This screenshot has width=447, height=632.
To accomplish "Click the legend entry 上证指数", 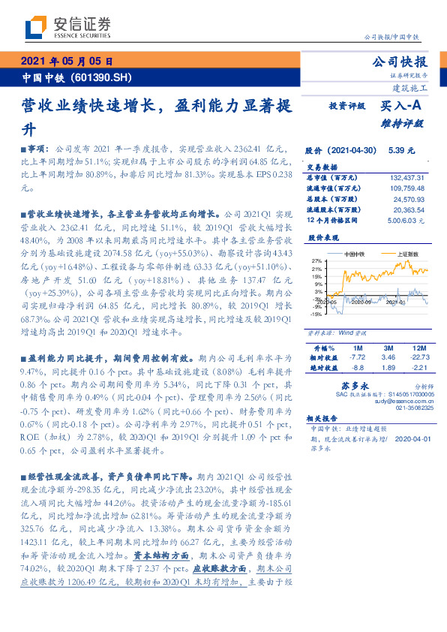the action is click(x=407, y=254).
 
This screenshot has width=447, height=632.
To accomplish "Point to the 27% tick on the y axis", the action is click(x=317, y=259).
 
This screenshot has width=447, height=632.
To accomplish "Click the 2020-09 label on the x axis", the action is click(x=362, y=302).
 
